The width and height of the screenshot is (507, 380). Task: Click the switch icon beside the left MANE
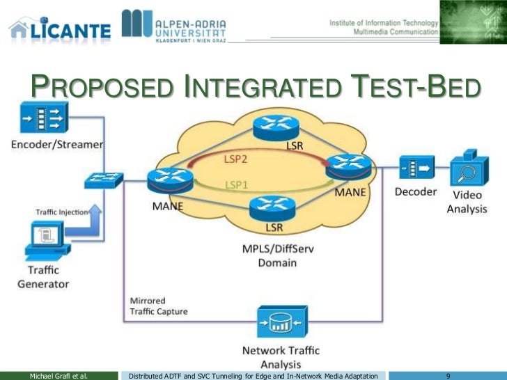(x=104, y=181)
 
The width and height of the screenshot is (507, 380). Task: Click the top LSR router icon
(x=276, y=126)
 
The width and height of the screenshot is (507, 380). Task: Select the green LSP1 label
(x=236, y=184)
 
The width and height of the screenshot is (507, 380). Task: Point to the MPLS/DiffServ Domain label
(x=270, y=255)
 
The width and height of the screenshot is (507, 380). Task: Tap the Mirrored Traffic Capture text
(x=158, y=306)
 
